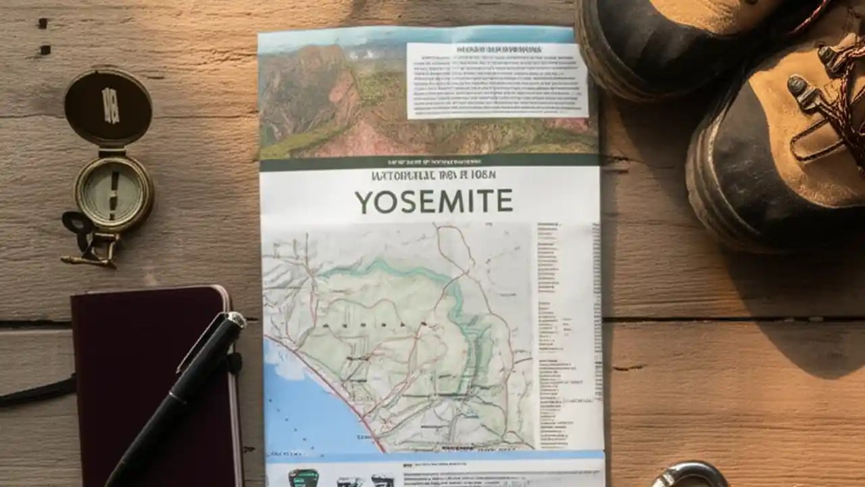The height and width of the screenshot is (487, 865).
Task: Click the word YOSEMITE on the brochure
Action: point(433,202)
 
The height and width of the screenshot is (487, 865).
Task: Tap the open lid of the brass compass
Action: point(108,108)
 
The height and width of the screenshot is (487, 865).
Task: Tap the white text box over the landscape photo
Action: point(497,80)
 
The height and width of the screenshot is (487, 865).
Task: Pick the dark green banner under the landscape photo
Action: point(429,162)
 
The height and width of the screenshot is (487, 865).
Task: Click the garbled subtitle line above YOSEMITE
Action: point(433,175)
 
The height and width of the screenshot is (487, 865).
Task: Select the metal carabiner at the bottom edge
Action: point(689,476)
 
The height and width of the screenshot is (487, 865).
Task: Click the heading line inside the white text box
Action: point(499,50)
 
